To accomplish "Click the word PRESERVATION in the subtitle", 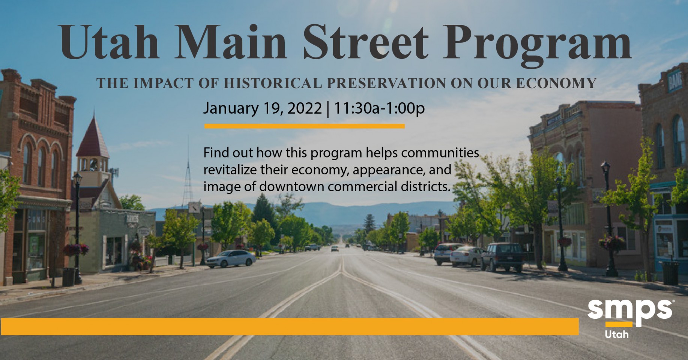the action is tap(386, 83).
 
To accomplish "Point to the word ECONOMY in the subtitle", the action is tap(556, 83).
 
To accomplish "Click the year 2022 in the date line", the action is tap(304, 108).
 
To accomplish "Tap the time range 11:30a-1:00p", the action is tap(379, 108).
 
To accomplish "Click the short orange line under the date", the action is tap(304, 126).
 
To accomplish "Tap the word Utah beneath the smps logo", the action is tap(617, 334).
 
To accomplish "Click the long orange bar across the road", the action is tap(290, 326).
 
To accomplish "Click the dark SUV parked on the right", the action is tap(503, 256).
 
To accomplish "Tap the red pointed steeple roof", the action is tap(92, 137).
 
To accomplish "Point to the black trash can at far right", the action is tap(670, 273).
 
